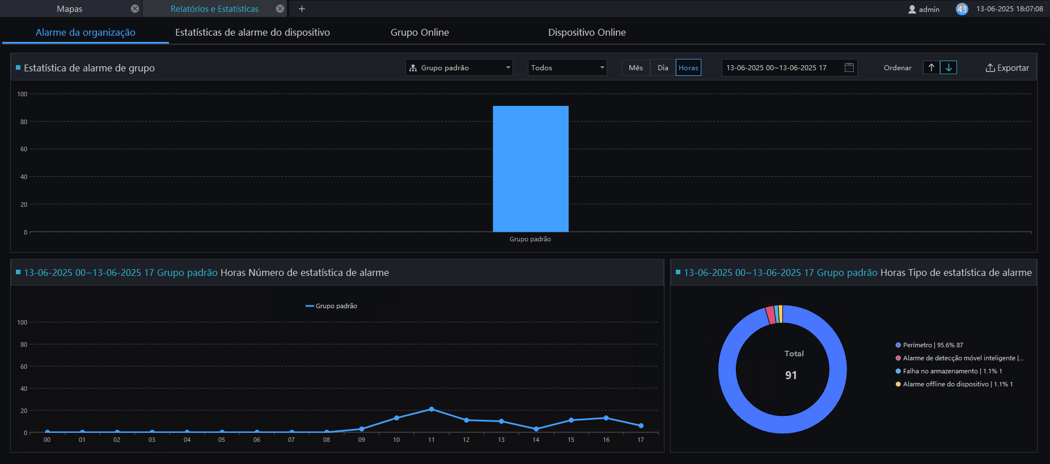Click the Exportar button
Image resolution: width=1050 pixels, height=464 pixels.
tap(1007, 68)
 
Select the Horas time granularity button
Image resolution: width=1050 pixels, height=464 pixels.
tap(688, 68)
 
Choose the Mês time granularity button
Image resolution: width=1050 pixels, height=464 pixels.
tap(636, 68)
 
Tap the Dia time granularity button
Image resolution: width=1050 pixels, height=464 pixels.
tap(663, 68)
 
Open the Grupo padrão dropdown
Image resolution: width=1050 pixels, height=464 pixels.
tap(459, 68)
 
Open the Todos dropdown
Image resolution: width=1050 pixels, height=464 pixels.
tap(567, 68)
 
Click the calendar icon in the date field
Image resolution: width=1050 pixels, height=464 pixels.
tap(849, 67)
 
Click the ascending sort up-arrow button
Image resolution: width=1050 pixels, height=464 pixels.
tap(931, 67)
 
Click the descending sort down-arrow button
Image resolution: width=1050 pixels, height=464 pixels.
tap(949, 67)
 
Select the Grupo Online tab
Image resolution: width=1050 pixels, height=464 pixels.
tap(420, 32)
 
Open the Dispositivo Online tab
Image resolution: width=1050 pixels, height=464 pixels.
tap(587, 32)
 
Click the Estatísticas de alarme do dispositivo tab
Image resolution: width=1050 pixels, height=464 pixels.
tap(252, 32)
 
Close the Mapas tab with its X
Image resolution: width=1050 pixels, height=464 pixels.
tap(135, 8)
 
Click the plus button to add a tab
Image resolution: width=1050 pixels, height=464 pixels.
tap(302, 8)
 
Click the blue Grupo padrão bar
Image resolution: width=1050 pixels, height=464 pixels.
tap(531, 169)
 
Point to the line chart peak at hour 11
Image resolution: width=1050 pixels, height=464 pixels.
tap(431, 409)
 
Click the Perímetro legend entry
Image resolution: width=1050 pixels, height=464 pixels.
tap(929, 345)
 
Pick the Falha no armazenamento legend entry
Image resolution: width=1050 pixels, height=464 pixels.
tap(949, 371)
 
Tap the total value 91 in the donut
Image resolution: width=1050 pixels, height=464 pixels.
tap(791, 375)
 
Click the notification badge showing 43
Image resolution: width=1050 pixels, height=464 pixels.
tap(962, 9)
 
